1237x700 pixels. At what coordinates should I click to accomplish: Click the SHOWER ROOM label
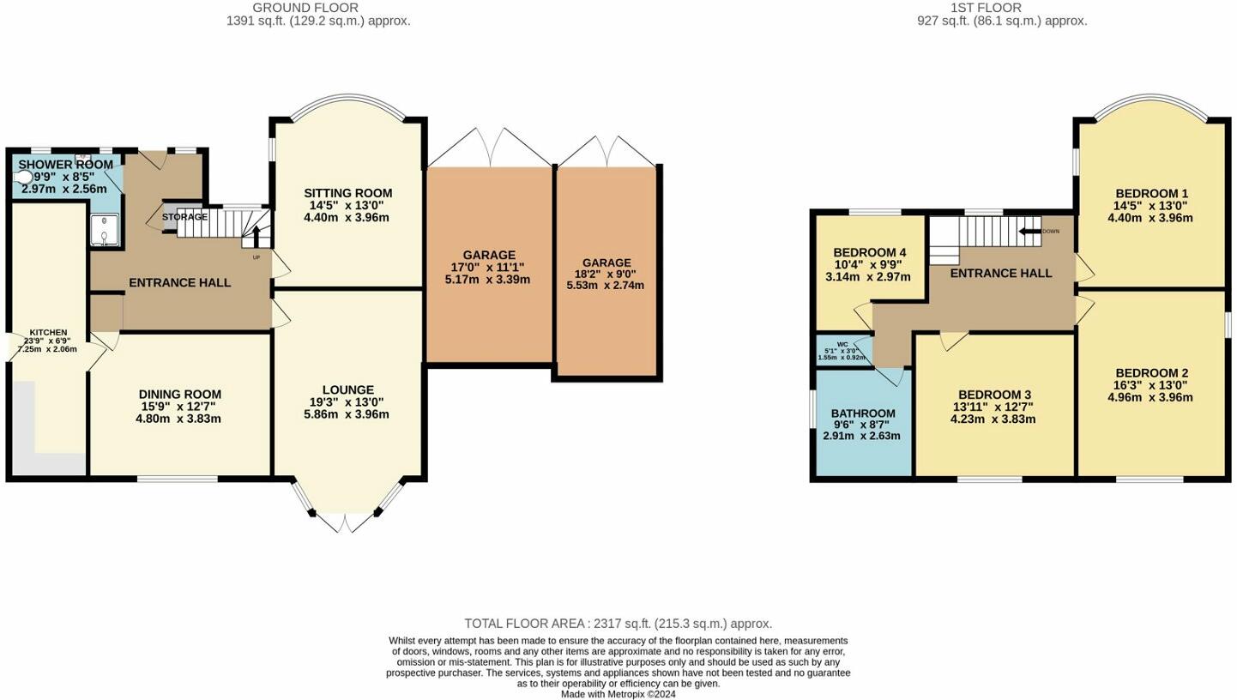[65, 165]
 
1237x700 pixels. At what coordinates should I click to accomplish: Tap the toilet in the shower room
[23, 178]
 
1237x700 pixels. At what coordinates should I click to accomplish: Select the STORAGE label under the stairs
[184, 217]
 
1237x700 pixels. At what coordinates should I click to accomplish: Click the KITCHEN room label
[48, 333]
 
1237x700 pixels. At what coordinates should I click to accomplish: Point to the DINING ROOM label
[180, 395]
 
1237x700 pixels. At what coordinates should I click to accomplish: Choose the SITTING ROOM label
[347, 193]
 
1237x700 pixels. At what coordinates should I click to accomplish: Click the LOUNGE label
[348, 389]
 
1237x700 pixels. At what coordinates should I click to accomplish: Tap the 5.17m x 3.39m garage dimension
[487, 280]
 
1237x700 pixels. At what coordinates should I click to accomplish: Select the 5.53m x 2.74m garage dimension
[606, 286]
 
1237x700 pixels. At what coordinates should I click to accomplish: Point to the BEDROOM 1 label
[1151, 194]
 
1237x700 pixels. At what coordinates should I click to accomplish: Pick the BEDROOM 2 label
[1151, 373]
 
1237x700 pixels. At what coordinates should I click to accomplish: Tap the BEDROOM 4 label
[870, 252]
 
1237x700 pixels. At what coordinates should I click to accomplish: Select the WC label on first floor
[842, 344]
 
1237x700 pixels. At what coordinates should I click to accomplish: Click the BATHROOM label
[862, 413]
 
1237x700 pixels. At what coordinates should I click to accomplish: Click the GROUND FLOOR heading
[317, 8]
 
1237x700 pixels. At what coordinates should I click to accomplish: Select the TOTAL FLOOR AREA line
[618, 624]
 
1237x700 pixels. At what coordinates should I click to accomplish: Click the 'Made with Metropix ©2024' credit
[618, 694]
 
